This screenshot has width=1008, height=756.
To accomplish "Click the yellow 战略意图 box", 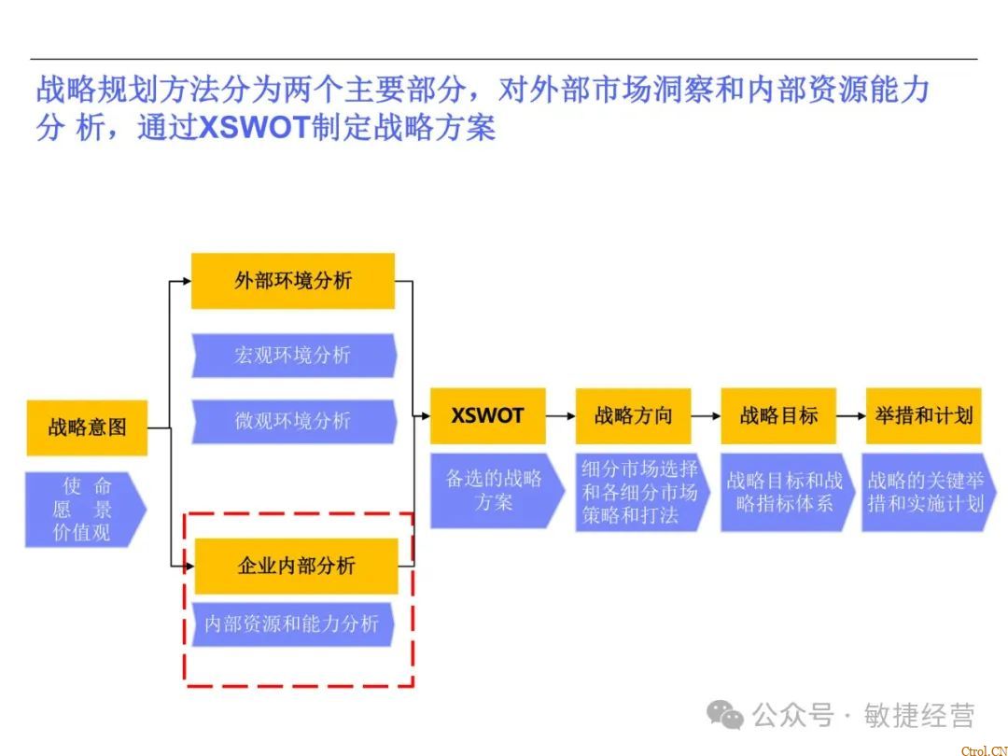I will point(87,428).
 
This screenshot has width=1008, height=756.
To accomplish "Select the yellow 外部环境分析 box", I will point(293,281).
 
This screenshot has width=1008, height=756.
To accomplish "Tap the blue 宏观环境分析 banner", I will point(293,356).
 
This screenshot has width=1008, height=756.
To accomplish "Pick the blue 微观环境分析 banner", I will point(293,421).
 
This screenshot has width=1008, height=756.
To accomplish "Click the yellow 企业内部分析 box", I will point(296,566).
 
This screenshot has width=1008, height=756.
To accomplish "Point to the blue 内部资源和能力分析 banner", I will point(292,623).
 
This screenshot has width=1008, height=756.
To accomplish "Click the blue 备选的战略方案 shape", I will point(494,491).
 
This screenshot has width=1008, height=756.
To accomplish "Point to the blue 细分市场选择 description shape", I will point(640,492).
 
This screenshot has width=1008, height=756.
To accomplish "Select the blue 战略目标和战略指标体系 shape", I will point(785,492).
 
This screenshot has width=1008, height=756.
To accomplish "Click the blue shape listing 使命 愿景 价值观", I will point(85,509).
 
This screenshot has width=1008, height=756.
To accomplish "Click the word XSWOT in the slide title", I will point(254,127).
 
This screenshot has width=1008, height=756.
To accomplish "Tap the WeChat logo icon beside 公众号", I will point(725,715).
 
